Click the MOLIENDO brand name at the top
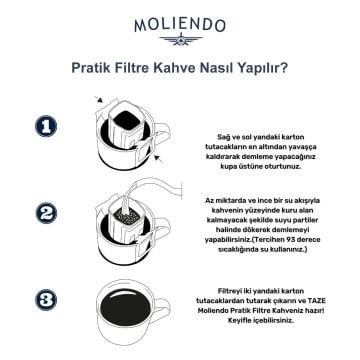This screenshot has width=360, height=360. [180, 20]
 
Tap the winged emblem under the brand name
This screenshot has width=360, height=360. [180, 41]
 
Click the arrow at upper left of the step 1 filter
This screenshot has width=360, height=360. [97, 101]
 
